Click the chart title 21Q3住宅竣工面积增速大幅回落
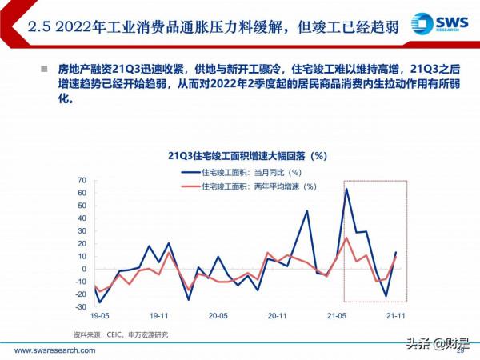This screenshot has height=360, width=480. coord(239,154)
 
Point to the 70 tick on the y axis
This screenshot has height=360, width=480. coord(81,180)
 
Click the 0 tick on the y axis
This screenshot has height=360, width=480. coord(83,269)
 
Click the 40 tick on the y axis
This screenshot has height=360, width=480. coord(81,218)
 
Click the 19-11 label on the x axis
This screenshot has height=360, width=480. coord(159,317)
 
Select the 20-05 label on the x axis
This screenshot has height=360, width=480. coord(218,317)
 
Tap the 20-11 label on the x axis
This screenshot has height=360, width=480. coord(278,317)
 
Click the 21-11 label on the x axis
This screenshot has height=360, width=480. coord(395,317)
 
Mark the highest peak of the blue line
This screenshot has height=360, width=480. coord(346,190)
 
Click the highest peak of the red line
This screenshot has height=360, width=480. coord(346,238)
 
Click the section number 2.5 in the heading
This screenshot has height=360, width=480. coord(41,28)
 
